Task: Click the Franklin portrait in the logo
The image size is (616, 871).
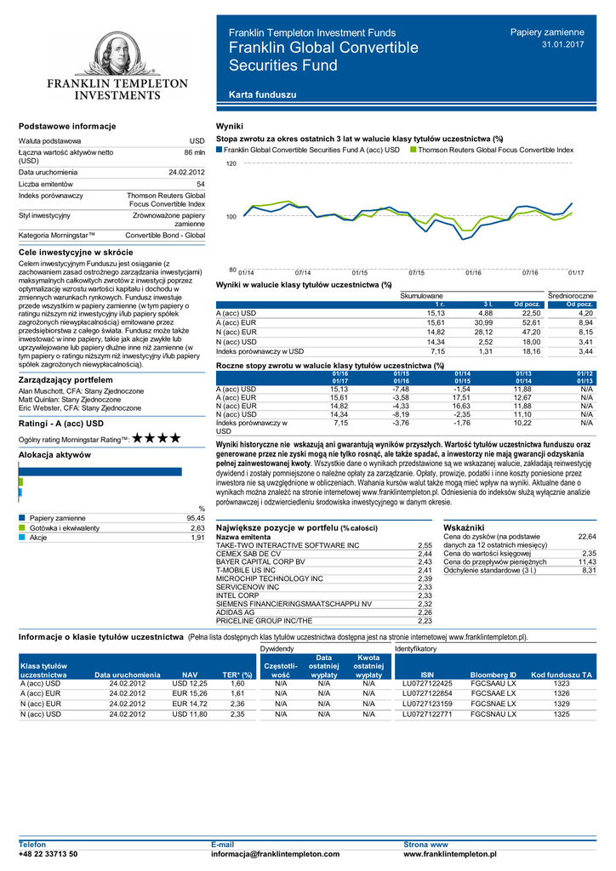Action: click(117, 56)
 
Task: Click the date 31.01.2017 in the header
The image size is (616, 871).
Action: click(563, 43)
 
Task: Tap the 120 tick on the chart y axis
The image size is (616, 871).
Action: click(231, 162)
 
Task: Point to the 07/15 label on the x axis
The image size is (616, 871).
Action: click(416, 272)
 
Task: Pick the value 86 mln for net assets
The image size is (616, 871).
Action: click(195, 151)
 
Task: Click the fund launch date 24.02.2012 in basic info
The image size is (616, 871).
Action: click(186, 172)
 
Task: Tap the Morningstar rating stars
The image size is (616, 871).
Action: click(157, 438)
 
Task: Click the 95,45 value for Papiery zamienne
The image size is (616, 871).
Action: click(196, 517)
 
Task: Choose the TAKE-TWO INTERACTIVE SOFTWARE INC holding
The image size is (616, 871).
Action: click(288, 544)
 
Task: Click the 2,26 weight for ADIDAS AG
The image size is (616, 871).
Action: click(425, 612)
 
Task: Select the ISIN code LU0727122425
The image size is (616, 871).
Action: click(427, 683)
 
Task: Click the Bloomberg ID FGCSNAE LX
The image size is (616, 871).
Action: click(493, 704)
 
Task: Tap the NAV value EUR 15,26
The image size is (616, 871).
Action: click(190, 694)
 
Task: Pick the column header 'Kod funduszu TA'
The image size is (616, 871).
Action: click(561, 674)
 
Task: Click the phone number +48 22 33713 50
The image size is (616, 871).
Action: click(48, 853)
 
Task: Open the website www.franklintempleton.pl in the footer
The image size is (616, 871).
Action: click(449, 853)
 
